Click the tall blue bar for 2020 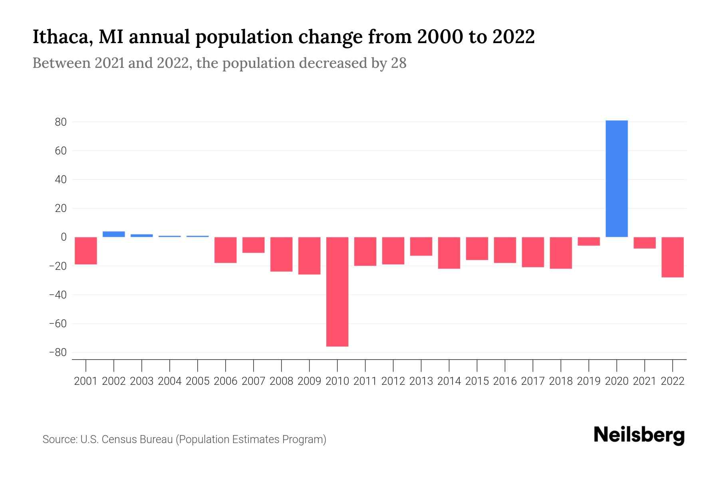616,178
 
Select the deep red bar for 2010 337,291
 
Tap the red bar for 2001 86,251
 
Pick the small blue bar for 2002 114,234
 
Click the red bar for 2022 672,257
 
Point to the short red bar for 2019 588,241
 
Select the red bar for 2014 449,253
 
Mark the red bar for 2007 253,245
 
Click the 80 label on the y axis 61,122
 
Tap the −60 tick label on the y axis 58,323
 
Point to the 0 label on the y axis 64,237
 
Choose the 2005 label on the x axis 198,381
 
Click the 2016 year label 505,381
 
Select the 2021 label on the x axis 644,381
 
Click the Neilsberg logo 639,435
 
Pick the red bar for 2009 309,255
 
